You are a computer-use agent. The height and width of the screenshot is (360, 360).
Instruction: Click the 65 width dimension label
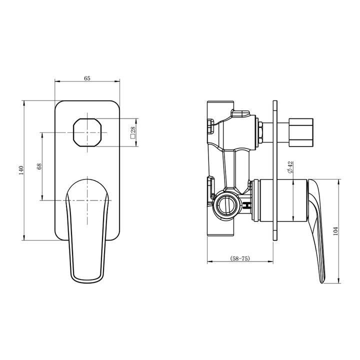87,78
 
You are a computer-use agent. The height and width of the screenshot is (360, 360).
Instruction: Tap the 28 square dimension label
133,132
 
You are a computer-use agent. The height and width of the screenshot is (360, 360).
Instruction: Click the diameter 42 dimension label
290,167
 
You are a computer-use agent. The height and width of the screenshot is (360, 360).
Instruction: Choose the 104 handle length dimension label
336,230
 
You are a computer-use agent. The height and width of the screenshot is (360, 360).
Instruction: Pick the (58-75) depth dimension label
240,258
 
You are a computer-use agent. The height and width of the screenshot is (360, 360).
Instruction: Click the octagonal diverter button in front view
87,132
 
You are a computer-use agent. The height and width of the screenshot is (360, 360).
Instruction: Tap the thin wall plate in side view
274,170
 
